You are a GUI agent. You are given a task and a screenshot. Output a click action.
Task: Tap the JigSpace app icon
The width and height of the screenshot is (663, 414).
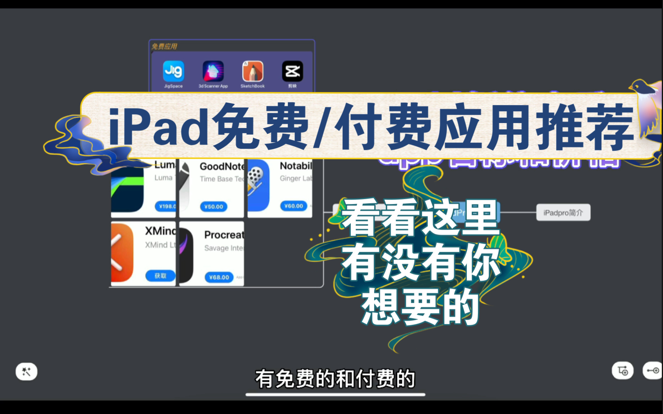click(x=174, y=71)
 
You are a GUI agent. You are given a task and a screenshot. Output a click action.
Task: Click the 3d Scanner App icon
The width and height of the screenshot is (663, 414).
click(x=213, y=71)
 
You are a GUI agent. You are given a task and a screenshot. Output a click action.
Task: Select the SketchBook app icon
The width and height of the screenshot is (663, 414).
click(x=253, y=71)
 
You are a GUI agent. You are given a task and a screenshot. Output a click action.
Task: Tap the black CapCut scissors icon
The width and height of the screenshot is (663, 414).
click(x=293, y=71)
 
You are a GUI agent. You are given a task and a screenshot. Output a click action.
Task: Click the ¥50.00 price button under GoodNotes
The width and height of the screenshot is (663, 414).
click(x=213, y=207)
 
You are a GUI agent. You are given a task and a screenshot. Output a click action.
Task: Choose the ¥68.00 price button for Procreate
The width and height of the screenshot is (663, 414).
click(x=219, y=277)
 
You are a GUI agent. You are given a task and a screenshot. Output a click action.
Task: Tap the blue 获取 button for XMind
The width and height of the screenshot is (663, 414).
click(x=160, y=276)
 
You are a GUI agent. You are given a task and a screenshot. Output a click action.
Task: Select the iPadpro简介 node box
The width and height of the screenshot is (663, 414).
click(x=563, y=213)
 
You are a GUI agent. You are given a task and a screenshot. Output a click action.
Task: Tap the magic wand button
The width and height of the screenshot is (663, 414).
click(x=26, y=371)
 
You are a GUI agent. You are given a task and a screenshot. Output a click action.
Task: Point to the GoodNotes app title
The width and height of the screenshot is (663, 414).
click(x=222, y=166)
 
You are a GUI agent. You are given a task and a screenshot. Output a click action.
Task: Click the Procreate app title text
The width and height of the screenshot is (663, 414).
click(x=224, y=235)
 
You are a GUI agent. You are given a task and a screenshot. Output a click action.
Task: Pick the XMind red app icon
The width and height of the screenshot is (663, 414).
click(x=122, y=253)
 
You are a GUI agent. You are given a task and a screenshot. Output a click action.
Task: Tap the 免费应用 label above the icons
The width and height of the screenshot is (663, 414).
click(x=164, y=46)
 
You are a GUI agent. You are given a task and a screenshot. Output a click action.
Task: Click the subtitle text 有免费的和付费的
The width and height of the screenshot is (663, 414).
click(x=335, y=379)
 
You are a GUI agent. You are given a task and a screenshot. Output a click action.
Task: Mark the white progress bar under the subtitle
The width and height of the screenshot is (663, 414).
click(x=335, y=394)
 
